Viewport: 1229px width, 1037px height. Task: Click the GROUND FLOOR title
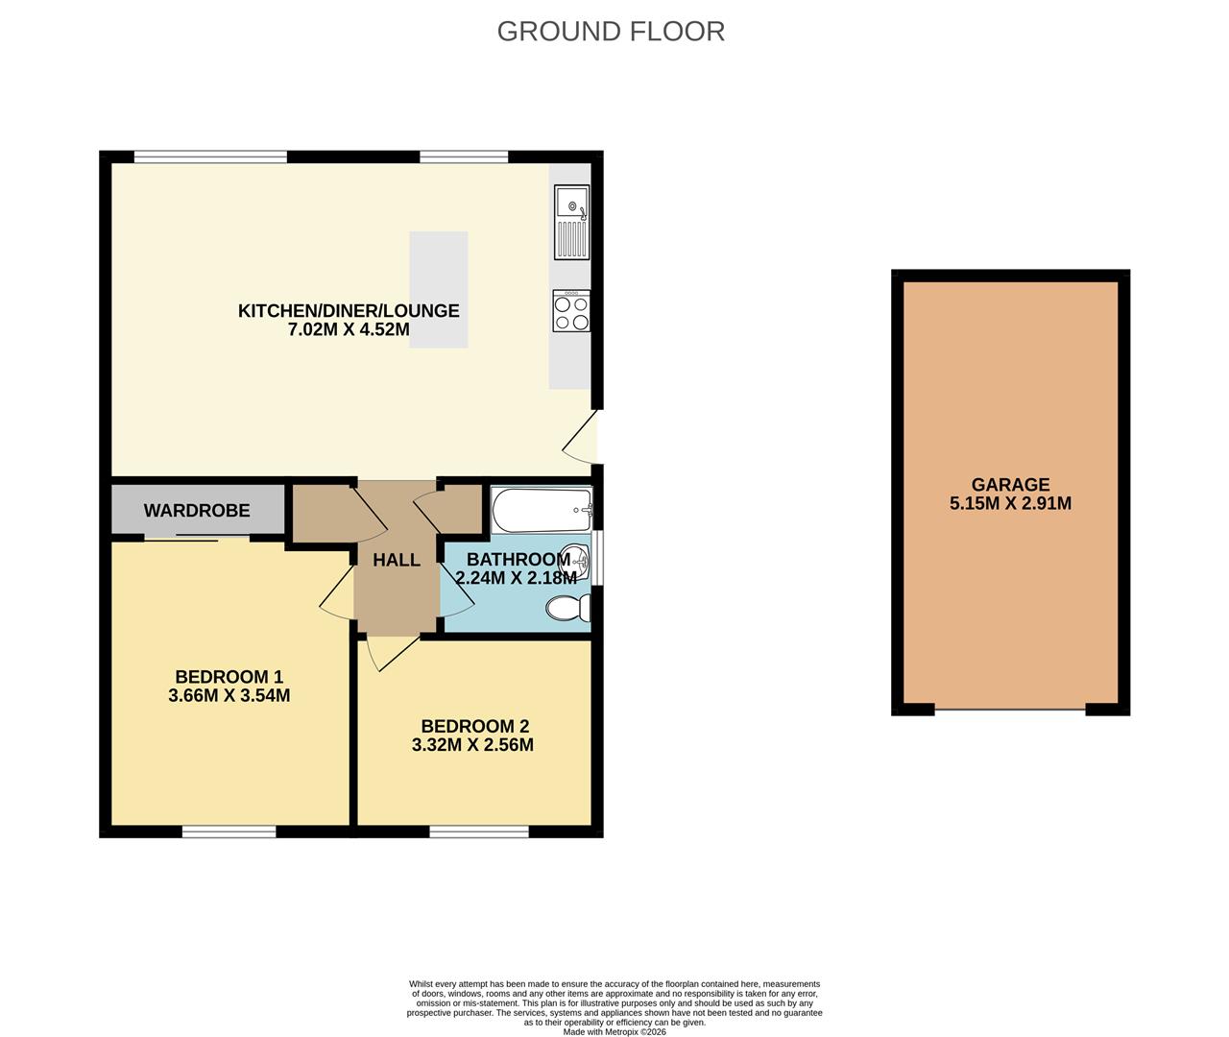611,31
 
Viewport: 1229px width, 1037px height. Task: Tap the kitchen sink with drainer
571,222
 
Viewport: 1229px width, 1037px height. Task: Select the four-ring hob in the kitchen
571,311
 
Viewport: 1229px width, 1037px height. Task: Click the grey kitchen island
439,289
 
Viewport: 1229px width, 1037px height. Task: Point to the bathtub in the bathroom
542,510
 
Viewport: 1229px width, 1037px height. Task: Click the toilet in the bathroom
567,608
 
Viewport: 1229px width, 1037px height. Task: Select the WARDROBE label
197,511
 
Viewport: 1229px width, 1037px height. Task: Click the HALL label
397,560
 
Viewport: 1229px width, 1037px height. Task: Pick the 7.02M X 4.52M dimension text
349,329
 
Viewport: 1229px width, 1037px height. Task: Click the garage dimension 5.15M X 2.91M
1010,503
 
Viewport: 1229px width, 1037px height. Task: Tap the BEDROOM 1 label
229,676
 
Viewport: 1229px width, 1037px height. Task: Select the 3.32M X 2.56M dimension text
472,744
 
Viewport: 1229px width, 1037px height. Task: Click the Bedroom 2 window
479,832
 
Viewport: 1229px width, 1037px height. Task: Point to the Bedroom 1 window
229,832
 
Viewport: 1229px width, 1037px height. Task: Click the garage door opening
1010,710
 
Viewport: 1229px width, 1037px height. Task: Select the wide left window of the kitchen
210,157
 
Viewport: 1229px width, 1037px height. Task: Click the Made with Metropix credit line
614,1032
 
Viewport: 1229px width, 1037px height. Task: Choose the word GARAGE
1010,485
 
